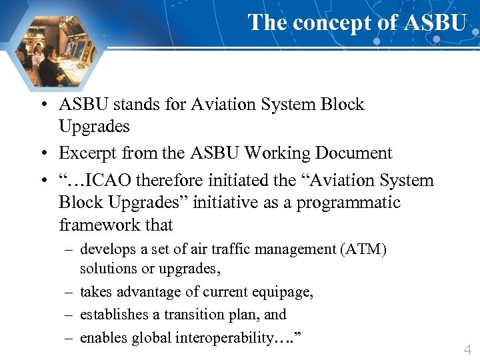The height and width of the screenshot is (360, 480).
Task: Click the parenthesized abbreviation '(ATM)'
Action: (x=363, y=250)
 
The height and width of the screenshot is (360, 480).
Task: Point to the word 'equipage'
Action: (x=283, y=292)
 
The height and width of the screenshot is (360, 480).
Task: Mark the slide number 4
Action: (x=467, y=349)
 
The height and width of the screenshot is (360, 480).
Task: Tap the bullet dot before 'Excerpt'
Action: (x=42, y=154)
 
